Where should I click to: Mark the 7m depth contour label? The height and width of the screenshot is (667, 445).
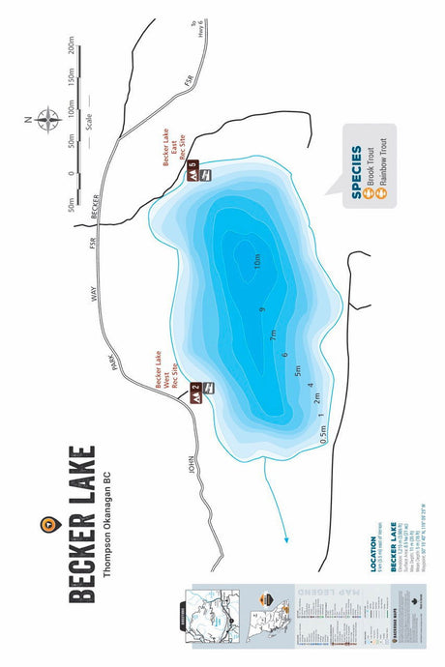click(x=274, y=334)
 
